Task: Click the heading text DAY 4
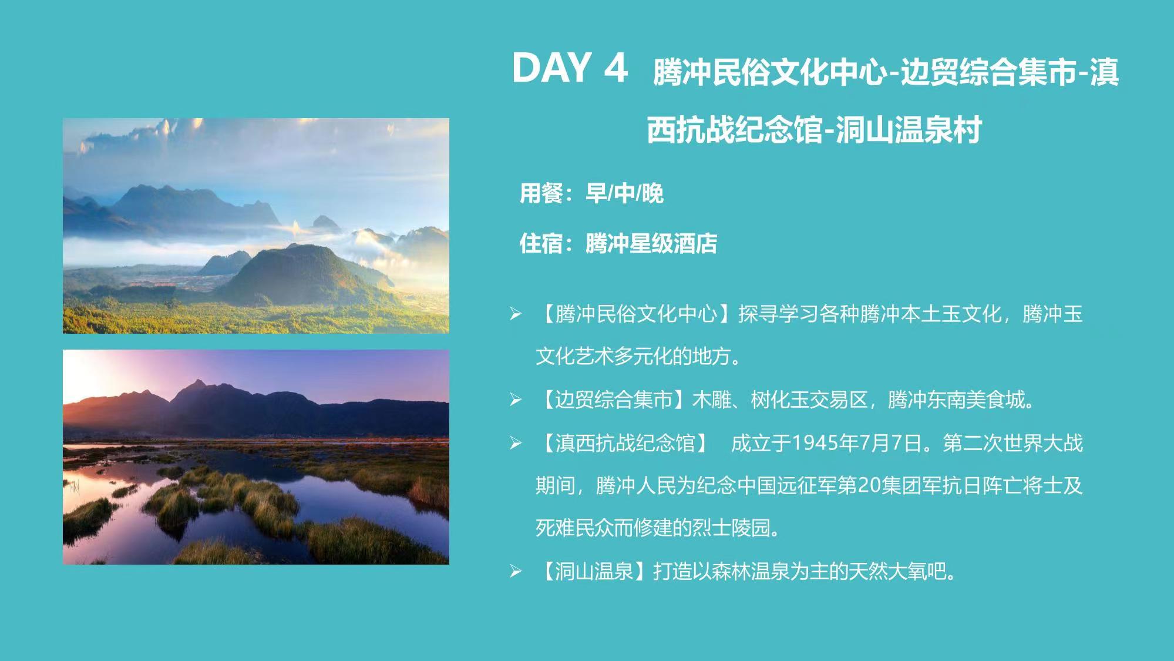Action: [x=570, y=68]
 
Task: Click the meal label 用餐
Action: [x=540, y=193]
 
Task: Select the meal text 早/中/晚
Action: [x=624, y=193]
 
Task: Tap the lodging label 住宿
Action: [x=540, y=243]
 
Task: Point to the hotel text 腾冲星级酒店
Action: [x=651, y=243]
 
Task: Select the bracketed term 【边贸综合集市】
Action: [x=614, y=400]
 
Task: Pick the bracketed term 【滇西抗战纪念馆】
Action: [x=624, y=442]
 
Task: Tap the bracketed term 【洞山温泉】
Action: [x=594, y=571]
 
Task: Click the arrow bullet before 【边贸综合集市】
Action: [x=516, y=400]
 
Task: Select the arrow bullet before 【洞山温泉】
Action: [x=516, y=571]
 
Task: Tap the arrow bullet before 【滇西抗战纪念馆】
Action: [x=516, y=443]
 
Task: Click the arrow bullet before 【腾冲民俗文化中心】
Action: [x=516, y=314]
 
